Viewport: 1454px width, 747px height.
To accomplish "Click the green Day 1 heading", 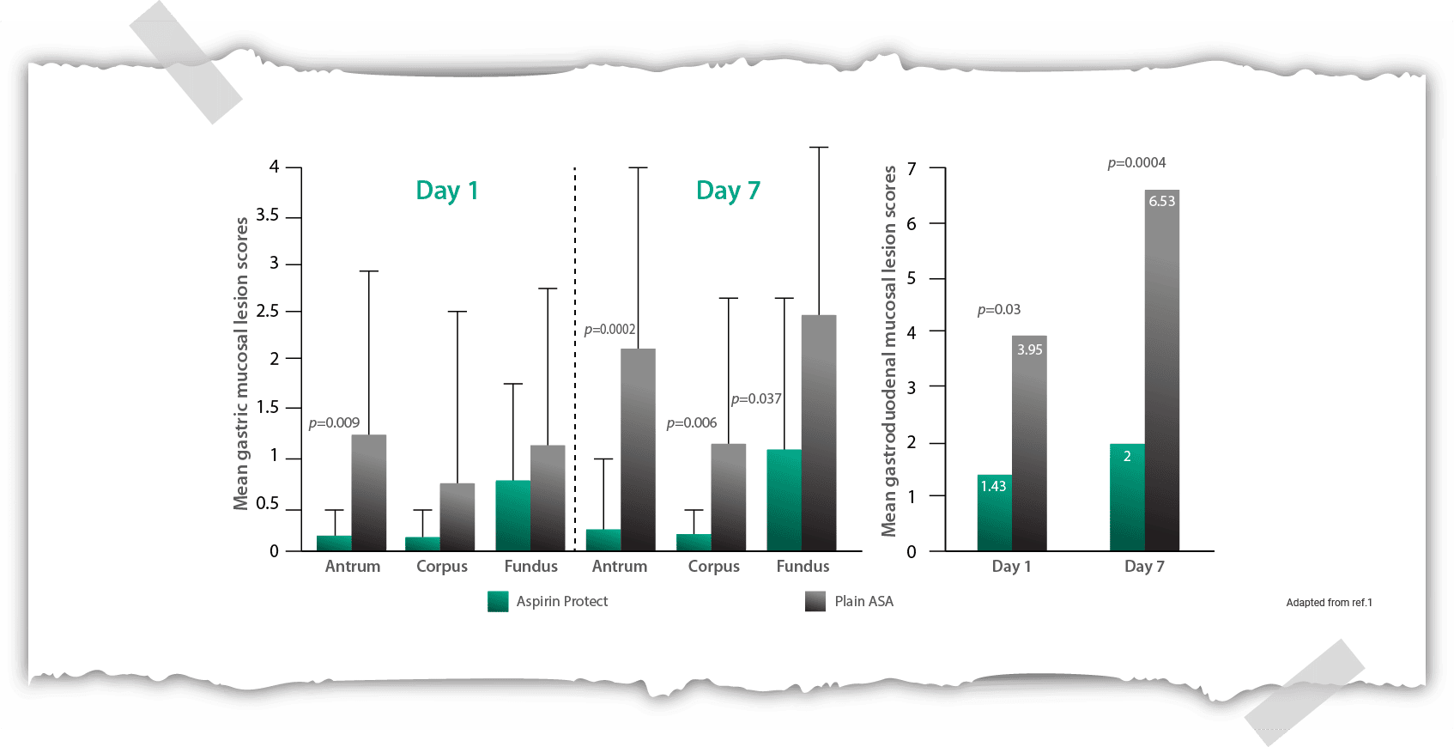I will tap(446, 191).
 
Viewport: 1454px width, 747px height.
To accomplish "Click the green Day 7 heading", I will tap(728, 191).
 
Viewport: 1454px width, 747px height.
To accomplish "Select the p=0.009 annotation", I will tap(334, 423).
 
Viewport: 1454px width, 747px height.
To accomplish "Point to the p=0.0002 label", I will tap(609, 330).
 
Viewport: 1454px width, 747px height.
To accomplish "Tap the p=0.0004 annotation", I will tap(1136, 163).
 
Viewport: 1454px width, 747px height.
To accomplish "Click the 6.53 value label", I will tap(1161, 201).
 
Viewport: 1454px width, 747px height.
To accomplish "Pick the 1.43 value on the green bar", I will tap(993, 486).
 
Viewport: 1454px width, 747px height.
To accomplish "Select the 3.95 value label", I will tap(1029, 349).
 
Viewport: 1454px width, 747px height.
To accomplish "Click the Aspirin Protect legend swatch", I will tap(498, 601).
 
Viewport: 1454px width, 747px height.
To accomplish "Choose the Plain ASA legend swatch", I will tap(815, 601).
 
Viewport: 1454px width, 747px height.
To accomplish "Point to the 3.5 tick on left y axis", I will tap(268, 216).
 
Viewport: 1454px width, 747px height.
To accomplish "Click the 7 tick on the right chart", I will tap(912, 169).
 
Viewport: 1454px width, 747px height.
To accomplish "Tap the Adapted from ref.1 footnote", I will tap(1329, 603).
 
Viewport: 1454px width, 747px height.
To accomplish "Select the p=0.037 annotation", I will tap(756, 399).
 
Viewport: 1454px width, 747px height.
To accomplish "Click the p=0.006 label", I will tap(691, 423).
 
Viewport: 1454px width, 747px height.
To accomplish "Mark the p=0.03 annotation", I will tap(999, 310).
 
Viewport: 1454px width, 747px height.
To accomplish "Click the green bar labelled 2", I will tap(1126, 498).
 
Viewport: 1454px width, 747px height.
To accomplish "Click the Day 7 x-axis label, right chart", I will tap(1144, 567).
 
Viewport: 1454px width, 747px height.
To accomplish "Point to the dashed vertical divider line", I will tap(575, 361).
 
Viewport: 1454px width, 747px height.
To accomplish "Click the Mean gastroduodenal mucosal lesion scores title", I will tap(889, 352).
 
